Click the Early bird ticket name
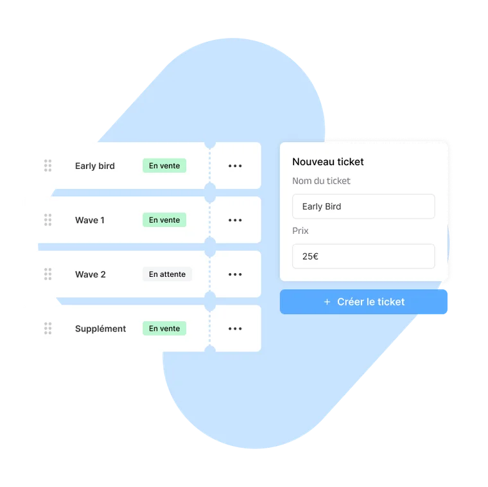pyautogui.click(x=95, y=166)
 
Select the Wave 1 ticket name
pyautogui.click(x=90, y=220)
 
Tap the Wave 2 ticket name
pyautogui.click(x=91, y=274)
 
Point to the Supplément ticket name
pyautogui.click(x=101, y=329)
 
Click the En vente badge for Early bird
pyautogui.click(x=164, y=166)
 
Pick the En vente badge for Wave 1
pyautogui.click(x=164, y=220)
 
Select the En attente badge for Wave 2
pyautogui.click(x=167, y=274)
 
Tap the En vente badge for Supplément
pyautogui.click(x=164, y=328)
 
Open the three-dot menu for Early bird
pyautogui.click(x=235, y=166)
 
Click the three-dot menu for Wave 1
pyautogui.click(x=235, y=220)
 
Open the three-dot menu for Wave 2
pyautogui.click(x=235, y=274)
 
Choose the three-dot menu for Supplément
pyautogui.click(x=235, y=328)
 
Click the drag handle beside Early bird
pyautogui.click(x=48, y=166)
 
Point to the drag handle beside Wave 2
pyautogui.click(x=48, y=274)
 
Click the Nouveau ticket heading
pyautogui.click(x=327, y=162)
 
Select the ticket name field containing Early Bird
pyautogui.click(x=363, y=206)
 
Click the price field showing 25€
pyautogui.click(x=363, y=256)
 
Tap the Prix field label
pyautogui.click(x=301, y=231)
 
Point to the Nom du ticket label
pyautogui.click(x=321, y=181)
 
